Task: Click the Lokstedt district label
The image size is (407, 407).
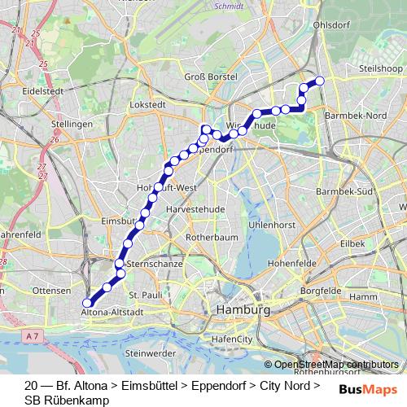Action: (x=147, y=105)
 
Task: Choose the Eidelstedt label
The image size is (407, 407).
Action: (x=43, y=91)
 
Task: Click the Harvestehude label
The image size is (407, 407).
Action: (x=193, y=209)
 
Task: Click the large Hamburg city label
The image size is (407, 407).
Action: (x=242, y=311)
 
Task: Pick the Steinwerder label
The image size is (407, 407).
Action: (x=151, y=353)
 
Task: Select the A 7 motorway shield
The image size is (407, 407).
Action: (x=32, y=335)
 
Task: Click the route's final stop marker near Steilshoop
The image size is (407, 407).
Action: (x=320, y=80)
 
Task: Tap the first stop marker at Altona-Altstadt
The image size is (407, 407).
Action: (x=87, y=303)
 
